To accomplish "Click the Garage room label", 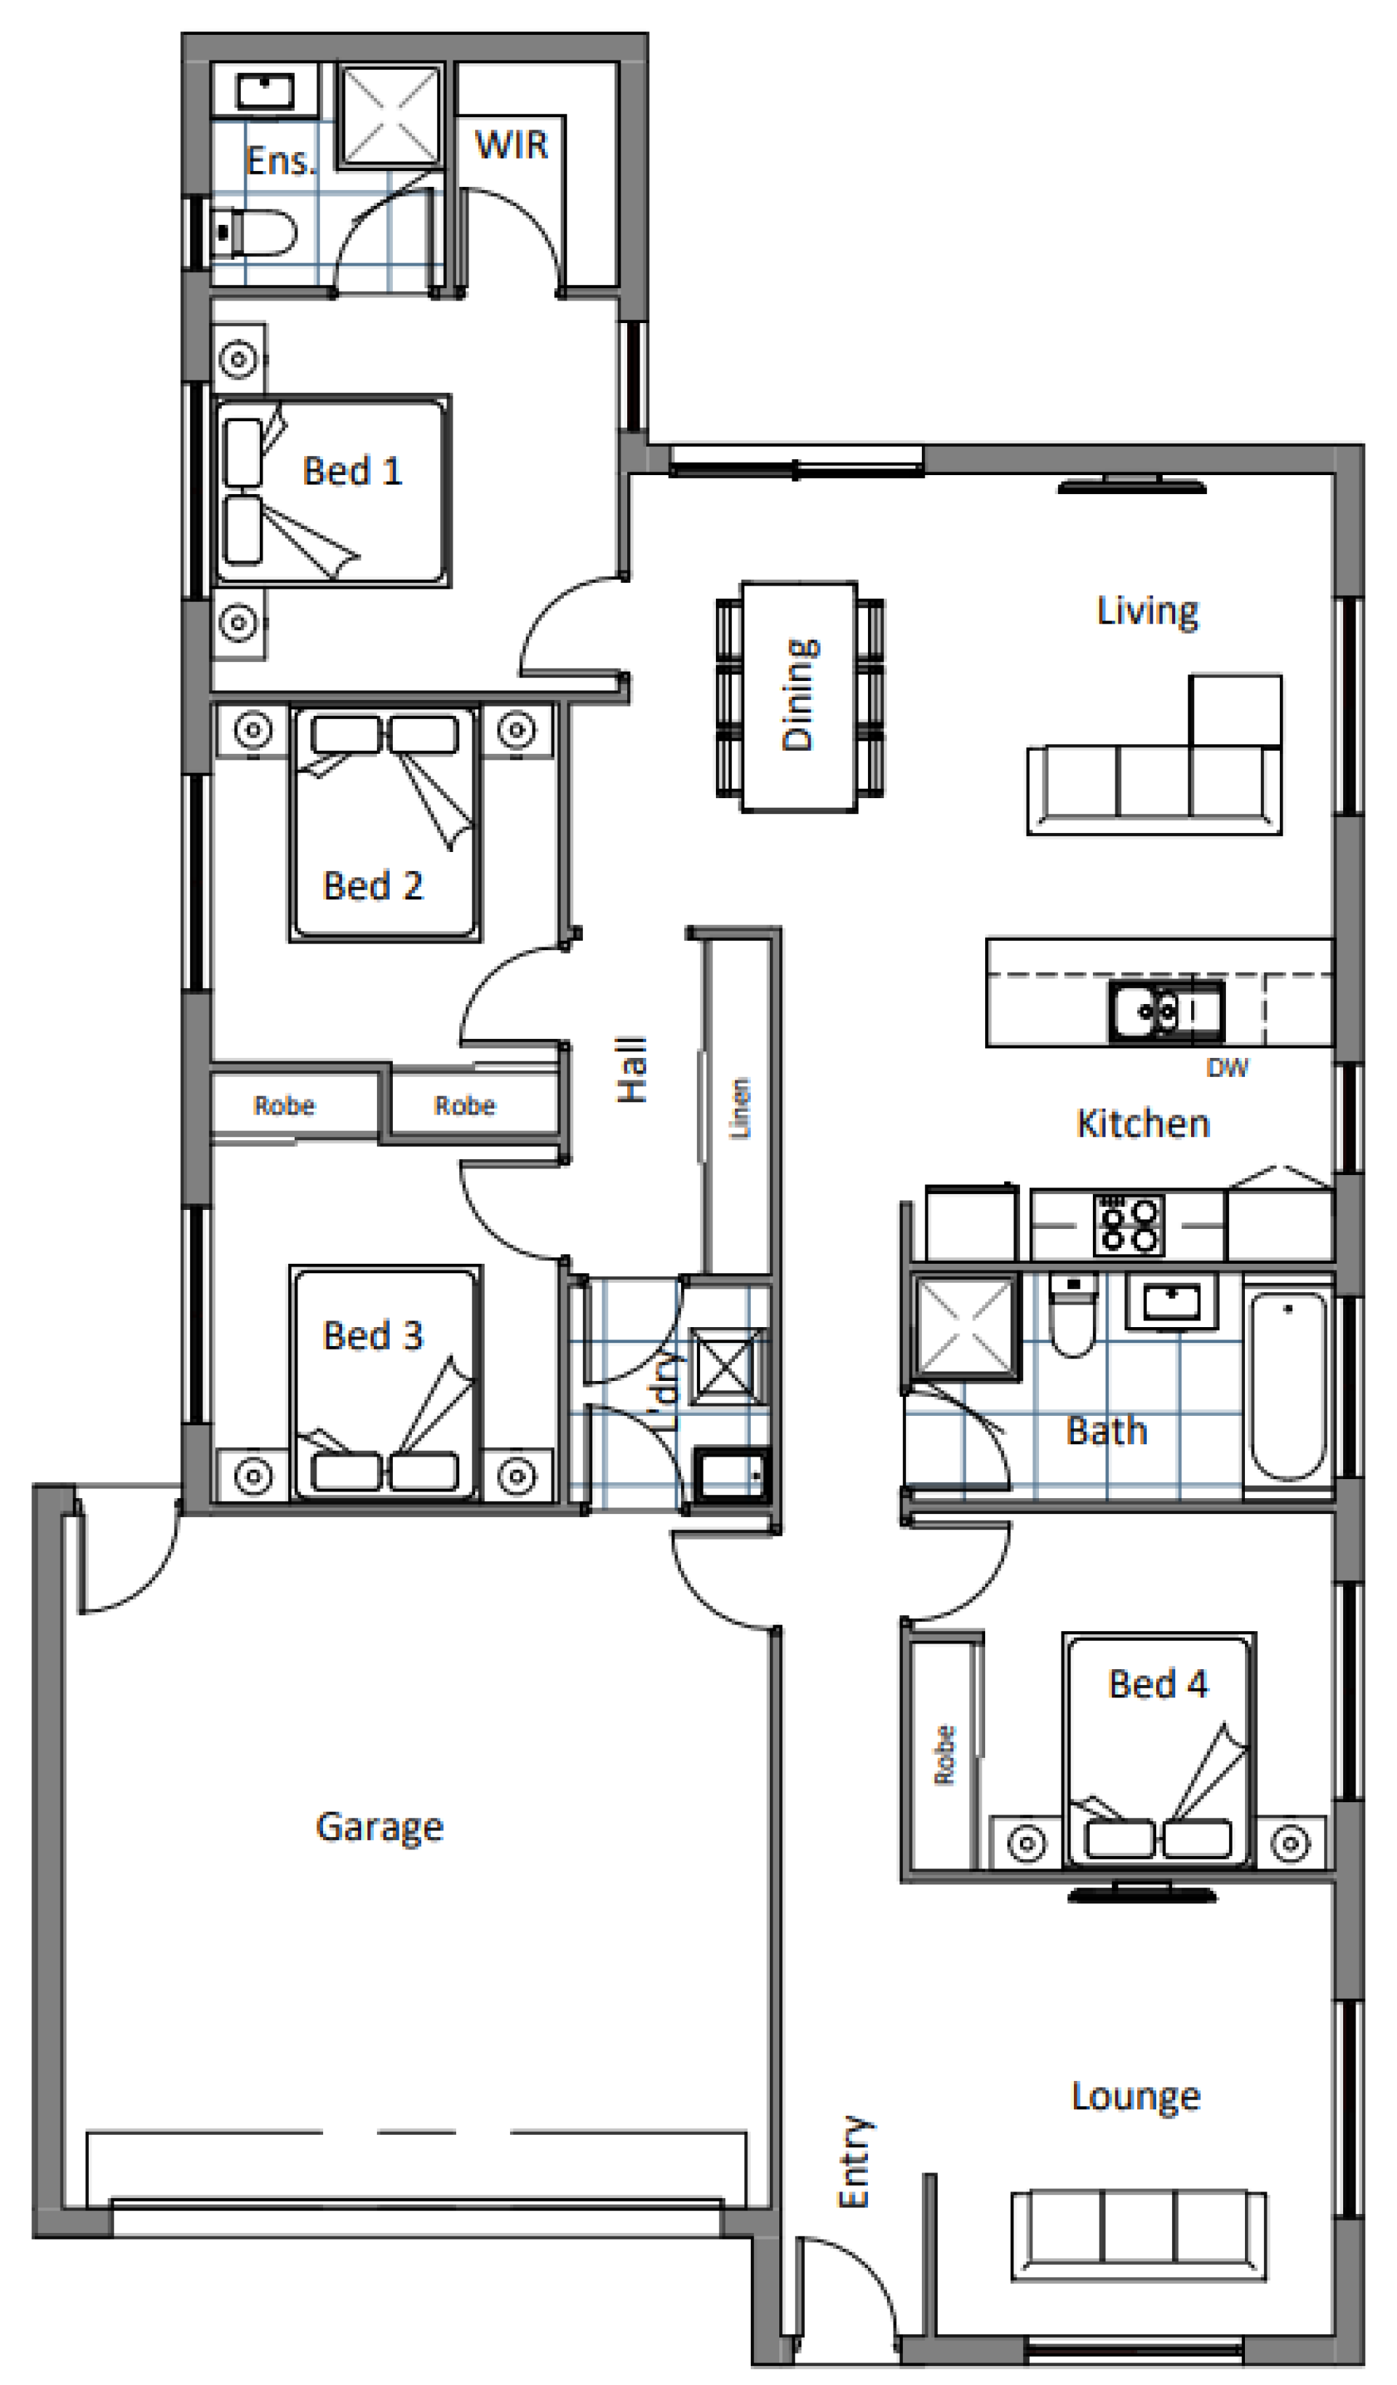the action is [x=380, y=1828].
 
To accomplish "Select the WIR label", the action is [x=511, y=145].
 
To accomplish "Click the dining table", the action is [x=800, y=696].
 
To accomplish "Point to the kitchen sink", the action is [x=1166, y=1011].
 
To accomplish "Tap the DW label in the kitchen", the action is [x=1227, y=1067].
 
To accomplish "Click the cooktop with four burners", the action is [x=1129, y=1225].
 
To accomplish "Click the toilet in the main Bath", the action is [x=1072, y=1315].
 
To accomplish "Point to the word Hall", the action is [x=632, y=1070].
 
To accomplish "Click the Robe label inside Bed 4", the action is [x=944, y=1755].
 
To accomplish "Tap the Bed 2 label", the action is [x=373, y=886].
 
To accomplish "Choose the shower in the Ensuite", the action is [x=391, y=116].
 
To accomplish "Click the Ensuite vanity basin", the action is [x=265, y=91].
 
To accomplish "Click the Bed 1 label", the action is [x=352, y=471].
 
